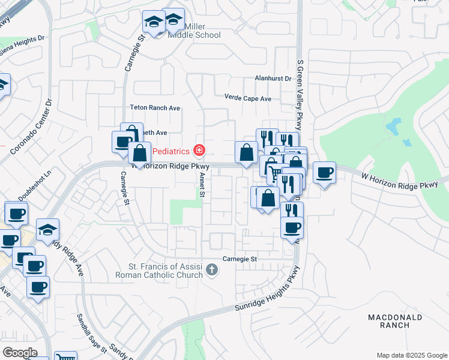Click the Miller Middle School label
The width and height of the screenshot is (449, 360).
[194, 31]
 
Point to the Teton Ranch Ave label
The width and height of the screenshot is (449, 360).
[155, 108]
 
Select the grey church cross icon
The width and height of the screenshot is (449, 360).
[211, 271]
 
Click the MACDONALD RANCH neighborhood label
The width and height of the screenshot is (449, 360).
[395, 321]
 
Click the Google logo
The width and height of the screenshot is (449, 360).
[20, 353]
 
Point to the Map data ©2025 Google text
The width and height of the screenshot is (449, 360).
[411, 355]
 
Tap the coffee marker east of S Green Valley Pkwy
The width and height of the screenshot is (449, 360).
[324, 173]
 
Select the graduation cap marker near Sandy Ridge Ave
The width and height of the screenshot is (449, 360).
[47, 230]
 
